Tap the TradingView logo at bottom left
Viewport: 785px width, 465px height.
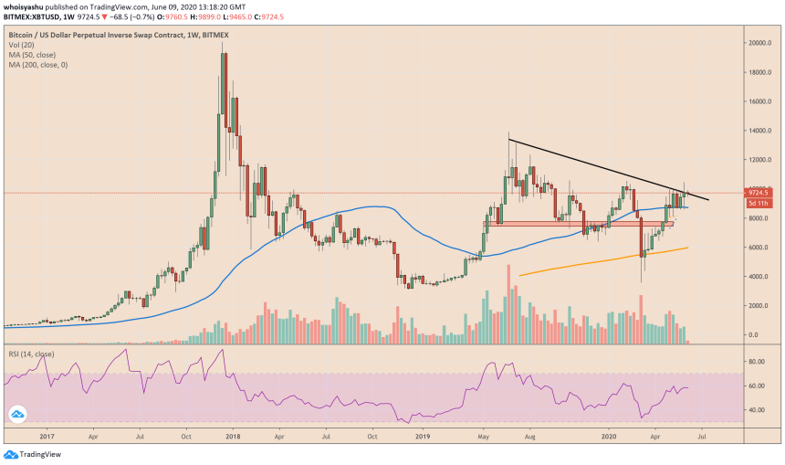[26, 455]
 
